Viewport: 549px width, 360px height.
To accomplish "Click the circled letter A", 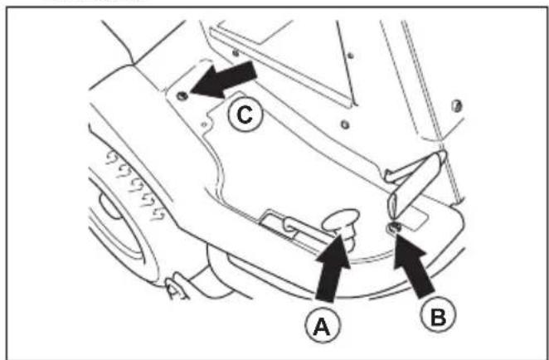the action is point(322,328).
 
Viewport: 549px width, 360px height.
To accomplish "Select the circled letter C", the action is point(245,114).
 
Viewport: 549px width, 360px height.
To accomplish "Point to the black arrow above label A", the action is point(333,268).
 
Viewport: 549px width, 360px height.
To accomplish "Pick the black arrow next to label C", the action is point(224,80).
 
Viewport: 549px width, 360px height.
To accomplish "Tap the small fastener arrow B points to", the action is point(394,227).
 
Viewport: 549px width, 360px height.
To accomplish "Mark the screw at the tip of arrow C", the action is point(182,95).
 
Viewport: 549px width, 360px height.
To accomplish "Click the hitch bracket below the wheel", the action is point(177,286).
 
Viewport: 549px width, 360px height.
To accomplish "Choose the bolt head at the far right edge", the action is point(456,106).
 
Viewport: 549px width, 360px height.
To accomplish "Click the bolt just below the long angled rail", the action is point(345,124).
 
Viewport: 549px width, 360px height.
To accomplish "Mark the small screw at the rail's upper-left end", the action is point(236,53).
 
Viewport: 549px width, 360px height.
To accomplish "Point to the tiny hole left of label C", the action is point(204,124).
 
